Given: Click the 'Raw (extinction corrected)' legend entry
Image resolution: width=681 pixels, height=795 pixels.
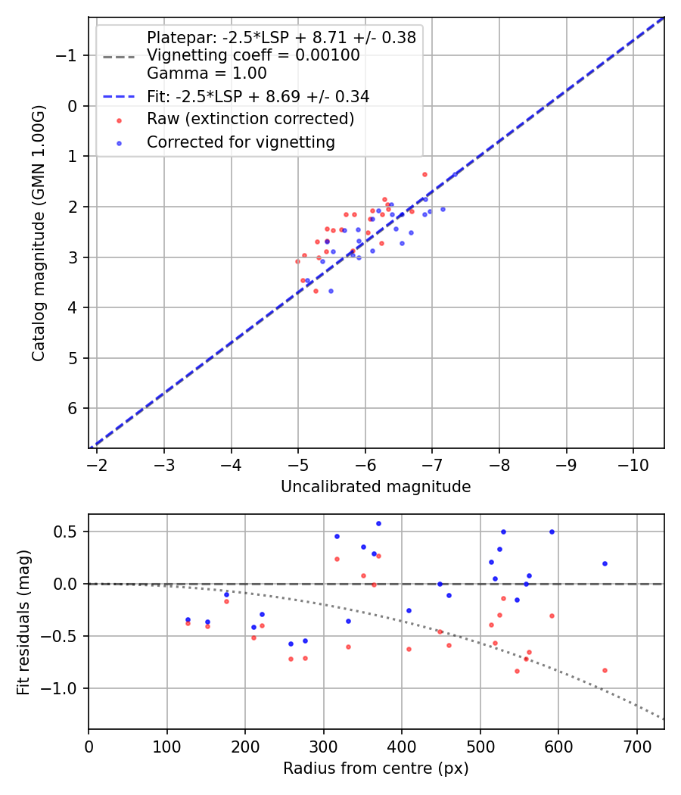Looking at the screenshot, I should (x=250, y=119).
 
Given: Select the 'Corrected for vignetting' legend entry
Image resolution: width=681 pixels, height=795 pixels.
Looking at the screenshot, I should (x=241, y=142).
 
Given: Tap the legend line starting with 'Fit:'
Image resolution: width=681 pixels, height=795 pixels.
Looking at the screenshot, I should (x=257, y=96).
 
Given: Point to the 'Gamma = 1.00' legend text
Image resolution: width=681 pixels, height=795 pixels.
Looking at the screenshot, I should (x=207, y=73).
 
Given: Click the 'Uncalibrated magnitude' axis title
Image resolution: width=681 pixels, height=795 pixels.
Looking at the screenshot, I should (x=375, y=487).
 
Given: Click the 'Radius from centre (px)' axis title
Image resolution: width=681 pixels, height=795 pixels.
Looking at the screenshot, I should (x=375, y=768).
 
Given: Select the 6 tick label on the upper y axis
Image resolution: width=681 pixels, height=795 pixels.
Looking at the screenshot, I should (x=72, y=409).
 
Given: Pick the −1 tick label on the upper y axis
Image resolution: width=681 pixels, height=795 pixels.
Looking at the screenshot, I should (x=68, y=55).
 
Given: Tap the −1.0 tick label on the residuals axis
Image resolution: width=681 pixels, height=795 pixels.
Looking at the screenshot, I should (x=63, y=688).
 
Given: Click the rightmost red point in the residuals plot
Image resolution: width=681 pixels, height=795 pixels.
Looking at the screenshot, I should (x=605, y=670).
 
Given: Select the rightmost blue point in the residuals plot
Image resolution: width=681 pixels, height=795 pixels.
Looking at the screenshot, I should (x=605, y=563).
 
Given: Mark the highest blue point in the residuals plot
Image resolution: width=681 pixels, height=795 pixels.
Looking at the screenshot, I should (x=378, y=523).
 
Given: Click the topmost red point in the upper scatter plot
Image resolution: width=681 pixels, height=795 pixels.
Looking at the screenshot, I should (x=424, y=174).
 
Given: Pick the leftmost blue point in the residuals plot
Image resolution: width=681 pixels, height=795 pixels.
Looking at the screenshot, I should (x=188, y=619).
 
